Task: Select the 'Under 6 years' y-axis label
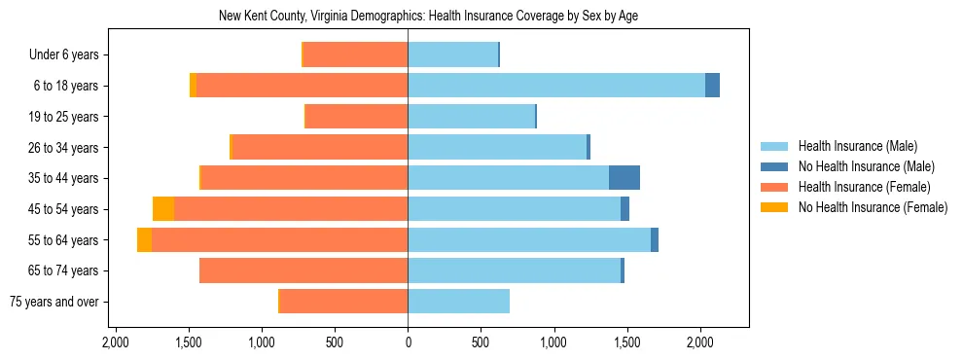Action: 70,55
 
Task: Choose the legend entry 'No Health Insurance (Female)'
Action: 873,207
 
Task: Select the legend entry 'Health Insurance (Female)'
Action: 864,187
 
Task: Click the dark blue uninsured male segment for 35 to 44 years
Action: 624,178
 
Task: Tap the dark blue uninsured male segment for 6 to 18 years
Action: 712,86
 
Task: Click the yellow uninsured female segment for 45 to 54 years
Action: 163,209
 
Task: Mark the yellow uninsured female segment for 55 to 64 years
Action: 144,240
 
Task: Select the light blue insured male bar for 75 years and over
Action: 458,302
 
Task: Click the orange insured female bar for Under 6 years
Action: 355,55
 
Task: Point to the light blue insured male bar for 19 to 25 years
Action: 471,117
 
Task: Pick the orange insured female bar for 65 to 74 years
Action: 303,270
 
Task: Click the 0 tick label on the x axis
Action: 408,342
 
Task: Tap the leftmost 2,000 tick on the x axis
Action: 115,342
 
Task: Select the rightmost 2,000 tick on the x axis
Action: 700,342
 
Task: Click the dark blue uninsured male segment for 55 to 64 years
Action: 655,240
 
